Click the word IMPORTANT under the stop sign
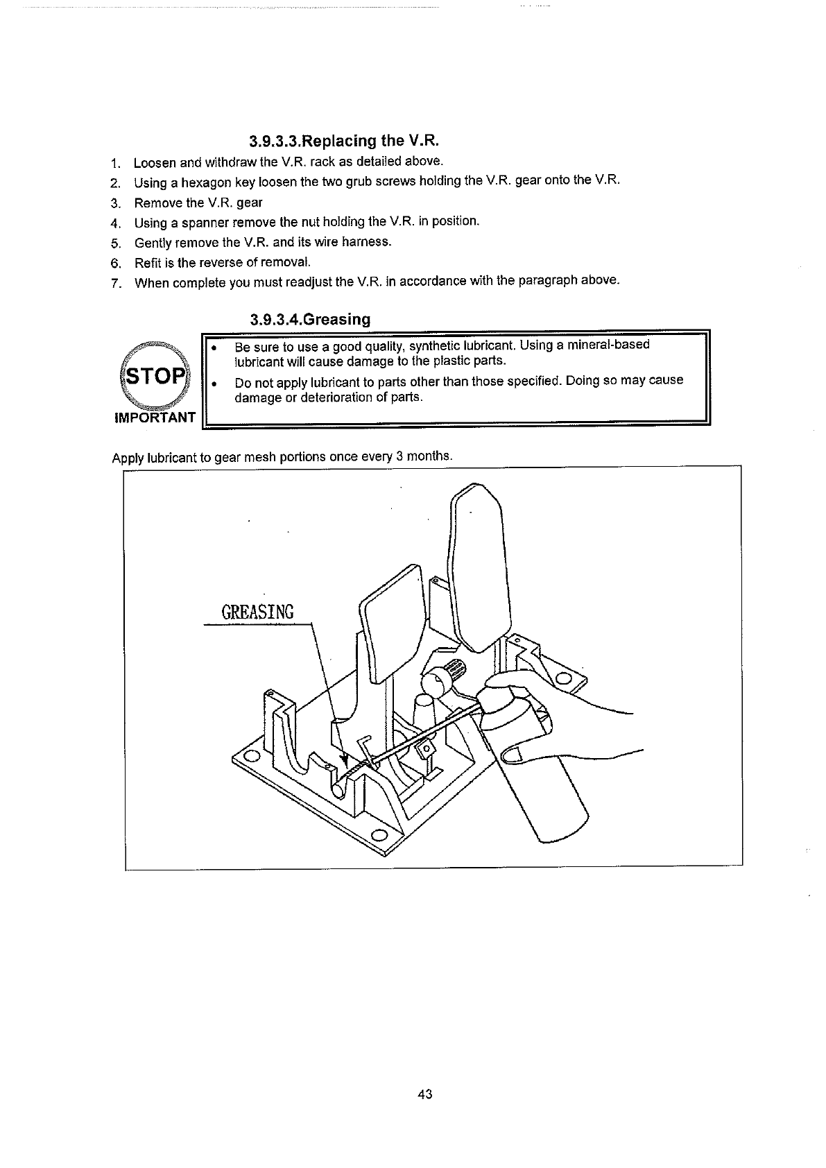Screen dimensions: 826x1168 tap(155, 418)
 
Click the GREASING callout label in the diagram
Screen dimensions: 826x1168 tap(257, 612)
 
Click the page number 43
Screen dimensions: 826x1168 tap(425, 1094)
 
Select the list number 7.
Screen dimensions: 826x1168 tap(117, 282)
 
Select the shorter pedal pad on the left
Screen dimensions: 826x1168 tap(393, 621)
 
